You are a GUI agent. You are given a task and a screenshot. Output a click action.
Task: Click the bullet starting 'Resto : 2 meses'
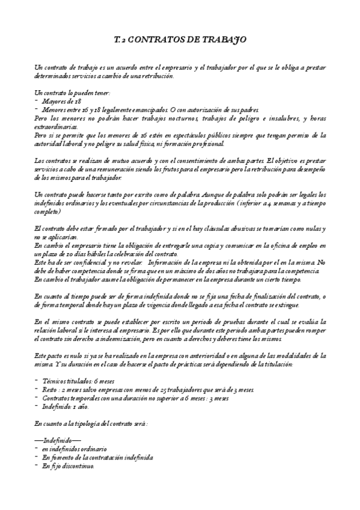pos(148,390)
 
